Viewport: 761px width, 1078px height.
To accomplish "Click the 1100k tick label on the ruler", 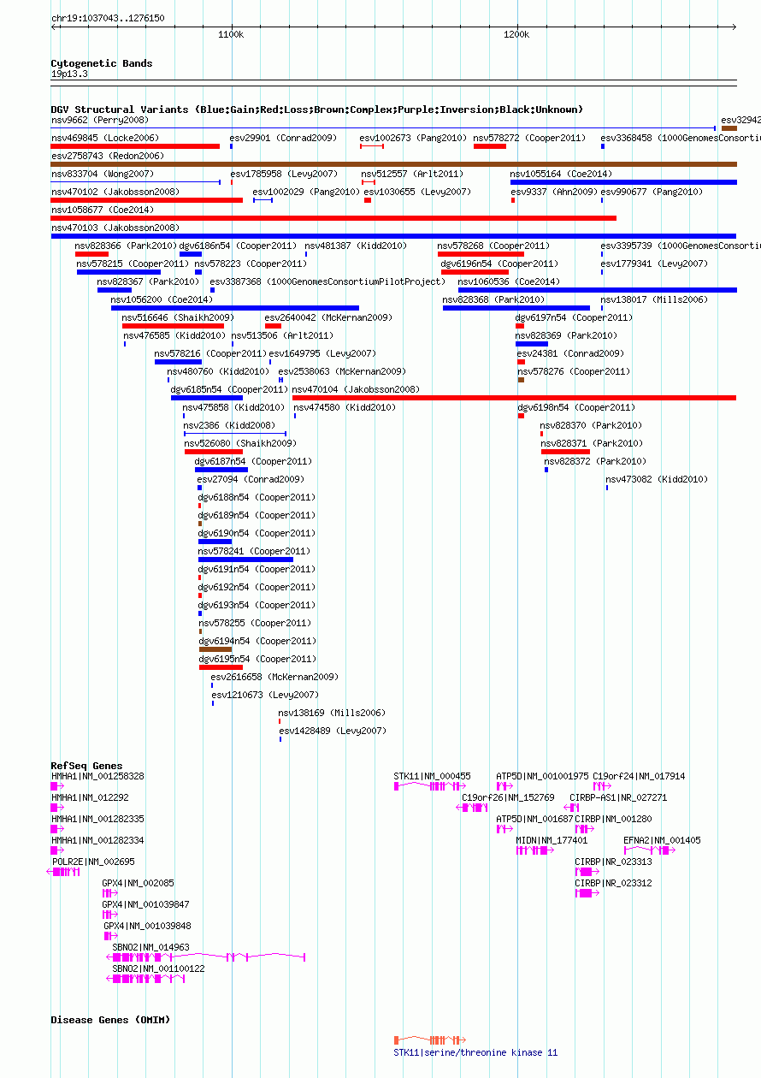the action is (x=231, y=34).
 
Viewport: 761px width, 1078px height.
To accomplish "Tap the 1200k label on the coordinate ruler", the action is (x=516, y=34).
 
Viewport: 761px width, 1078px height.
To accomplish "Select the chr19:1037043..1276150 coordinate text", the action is (x=108, y=18).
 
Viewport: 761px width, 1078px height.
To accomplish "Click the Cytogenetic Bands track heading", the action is (x=102, y=63).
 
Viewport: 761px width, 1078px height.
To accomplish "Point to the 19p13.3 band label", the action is (x=69, y=74).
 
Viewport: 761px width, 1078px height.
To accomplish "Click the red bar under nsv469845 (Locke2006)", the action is (x=135, y=146).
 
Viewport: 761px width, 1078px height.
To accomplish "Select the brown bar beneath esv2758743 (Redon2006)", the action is (x=394, y=164).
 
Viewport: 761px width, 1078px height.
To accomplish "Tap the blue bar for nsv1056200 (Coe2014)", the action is (x=235, y=308).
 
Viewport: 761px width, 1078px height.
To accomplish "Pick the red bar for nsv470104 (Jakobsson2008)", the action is (x=514, y=398).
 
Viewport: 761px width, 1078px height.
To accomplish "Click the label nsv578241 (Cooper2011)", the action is (x=254, y=551).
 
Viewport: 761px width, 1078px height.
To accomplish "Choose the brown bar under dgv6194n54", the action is (x=215, y=649).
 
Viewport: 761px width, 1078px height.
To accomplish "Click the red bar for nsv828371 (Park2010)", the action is (x=565, y=452).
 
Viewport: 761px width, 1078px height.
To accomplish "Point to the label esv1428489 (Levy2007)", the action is (x=333, y=731).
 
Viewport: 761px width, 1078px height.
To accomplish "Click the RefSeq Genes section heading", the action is (x=86, y=765).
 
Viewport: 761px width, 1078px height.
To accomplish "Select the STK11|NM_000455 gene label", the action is (x=432, y=776).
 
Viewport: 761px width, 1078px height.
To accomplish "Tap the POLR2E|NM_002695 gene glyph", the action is (x=63, y=872).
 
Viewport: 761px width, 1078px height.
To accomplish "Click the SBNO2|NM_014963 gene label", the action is (x=150, y=946).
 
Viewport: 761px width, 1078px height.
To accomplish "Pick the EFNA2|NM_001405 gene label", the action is (x=662, y=840).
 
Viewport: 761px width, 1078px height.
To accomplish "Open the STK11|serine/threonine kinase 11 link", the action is (x=475, y=1052).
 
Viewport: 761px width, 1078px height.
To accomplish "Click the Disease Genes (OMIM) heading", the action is (x=110, y=1020).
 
